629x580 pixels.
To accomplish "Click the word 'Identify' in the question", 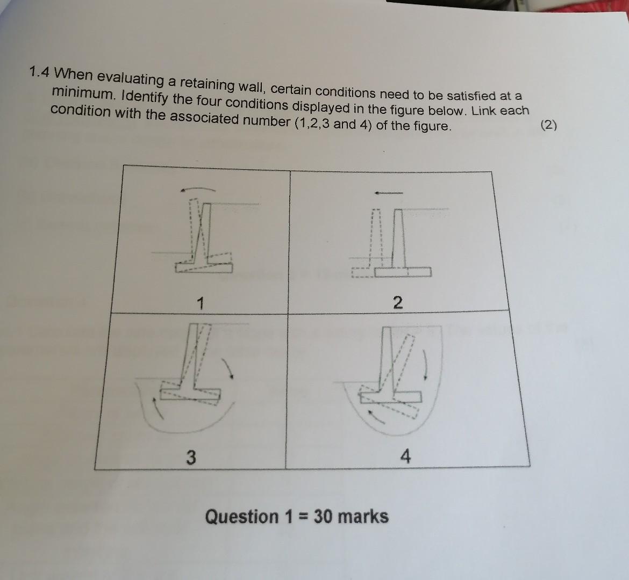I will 146,97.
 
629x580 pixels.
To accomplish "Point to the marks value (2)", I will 549,126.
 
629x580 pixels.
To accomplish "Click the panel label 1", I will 200,304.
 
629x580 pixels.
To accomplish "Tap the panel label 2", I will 397,302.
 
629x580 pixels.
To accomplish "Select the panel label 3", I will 190,457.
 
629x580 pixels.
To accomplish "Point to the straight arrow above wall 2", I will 388,193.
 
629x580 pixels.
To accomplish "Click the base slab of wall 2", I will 403,272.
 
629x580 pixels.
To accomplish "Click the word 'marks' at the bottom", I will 363,517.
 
